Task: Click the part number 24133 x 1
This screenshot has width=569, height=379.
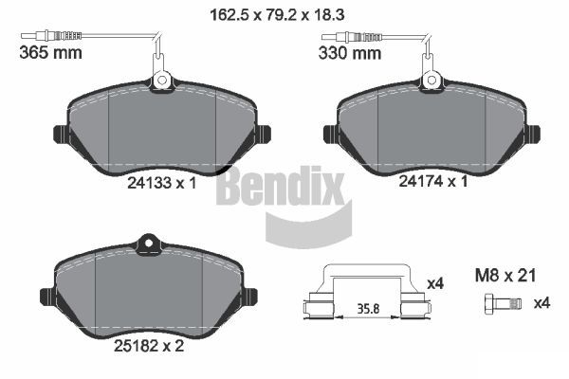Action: point(161,186)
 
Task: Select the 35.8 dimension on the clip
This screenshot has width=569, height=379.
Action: point(365,307)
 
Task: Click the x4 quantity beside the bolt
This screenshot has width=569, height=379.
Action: point(541,303)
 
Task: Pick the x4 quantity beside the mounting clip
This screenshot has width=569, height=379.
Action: point(436,282)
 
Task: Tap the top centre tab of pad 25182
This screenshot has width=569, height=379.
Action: point(147,244)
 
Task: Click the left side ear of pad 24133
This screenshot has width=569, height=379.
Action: point(59,134)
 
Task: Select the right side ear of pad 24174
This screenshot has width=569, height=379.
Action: point(532,134)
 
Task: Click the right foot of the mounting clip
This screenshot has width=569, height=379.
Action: point(413,306)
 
